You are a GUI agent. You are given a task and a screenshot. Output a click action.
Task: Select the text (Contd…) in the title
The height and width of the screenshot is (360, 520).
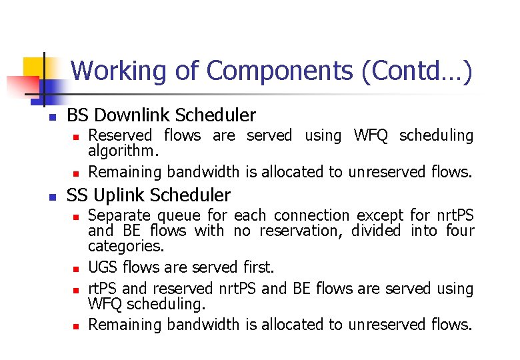[x=417, y=71]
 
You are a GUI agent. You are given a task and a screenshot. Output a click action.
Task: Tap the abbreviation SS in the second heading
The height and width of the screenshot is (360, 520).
[x=77, y=195]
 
